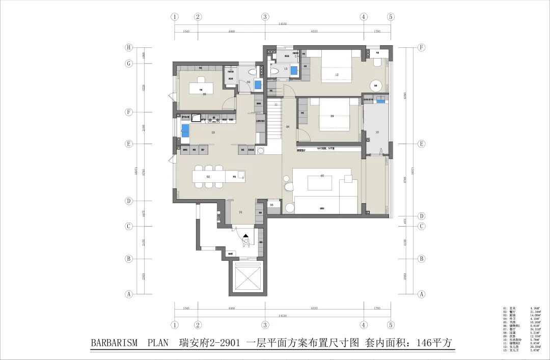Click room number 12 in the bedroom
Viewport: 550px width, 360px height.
point(337,75)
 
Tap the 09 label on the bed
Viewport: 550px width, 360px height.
point(332,116)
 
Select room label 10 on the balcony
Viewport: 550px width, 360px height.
point(377,132)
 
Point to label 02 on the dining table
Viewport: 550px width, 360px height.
point(208,177)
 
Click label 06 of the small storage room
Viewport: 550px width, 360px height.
point(271,205)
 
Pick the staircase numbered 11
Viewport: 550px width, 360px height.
point(276,104)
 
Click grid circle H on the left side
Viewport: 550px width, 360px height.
point(129,47)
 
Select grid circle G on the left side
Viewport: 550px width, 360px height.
point(129,64)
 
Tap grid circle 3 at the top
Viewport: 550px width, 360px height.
point(265,17)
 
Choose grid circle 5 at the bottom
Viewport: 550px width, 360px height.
point(391,325)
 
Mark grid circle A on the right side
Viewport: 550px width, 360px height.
point(421,294)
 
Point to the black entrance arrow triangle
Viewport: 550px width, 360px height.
point(246,235)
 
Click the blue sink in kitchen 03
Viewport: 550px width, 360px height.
point(186,130)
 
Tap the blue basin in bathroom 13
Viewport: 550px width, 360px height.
point(294,71)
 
